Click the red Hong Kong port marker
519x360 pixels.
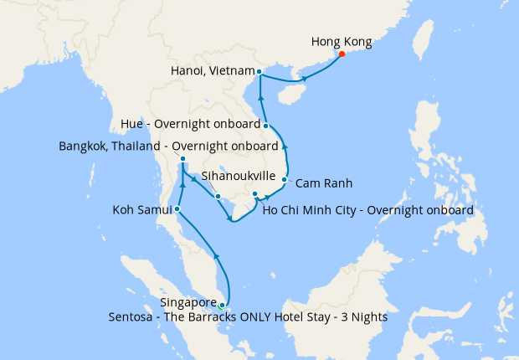point(342,54)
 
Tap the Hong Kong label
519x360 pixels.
point(341,41)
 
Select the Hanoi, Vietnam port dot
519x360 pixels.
point(259,71)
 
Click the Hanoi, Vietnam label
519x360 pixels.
point(210,71)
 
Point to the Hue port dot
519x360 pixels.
point(266,126)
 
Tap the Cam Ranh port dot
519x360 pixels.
point(285,180)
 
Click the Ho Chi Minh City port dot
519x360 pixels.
point(254,194)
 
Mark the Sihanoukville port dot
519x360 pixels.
point(218,197)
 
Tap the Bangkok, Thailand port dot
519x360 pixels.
point(182,159)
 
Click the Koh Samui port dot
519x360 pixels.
point(177,208)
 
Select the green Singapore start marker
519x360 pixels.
point(222,306)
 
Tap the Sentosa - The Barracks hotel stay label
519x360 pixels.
point(248,317)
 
